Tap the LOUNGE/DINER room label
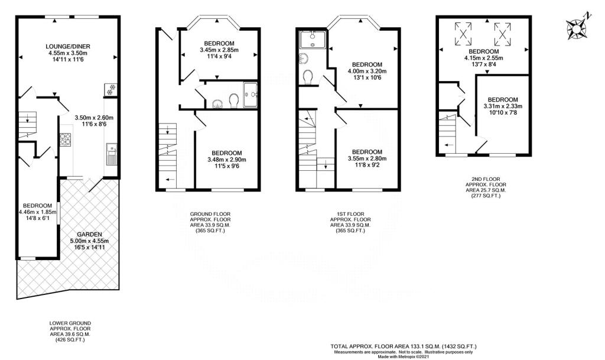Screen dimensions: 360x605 [68, 46]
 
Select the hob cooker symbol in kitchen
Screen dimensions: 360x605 [66, 140]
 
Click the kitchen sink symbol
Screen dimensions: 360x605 [112, 155]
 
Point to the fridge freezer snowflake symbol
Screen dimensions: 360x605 [110, 90]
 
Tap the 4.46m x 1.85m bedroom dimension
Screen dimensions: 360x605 [37, 212]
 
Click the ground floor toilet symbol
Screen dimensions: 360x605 [233, 101]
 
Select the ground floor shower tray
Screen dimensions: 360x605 [251, 93]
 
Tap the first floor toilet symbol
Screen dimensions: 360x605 [308, 77]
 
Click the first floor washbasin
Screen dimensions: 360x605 [302, 59]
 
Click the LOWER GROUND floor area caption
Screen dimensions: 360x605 [70, 332]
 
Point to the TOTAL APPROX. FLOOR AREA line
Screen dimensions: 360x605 [404, 346]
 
